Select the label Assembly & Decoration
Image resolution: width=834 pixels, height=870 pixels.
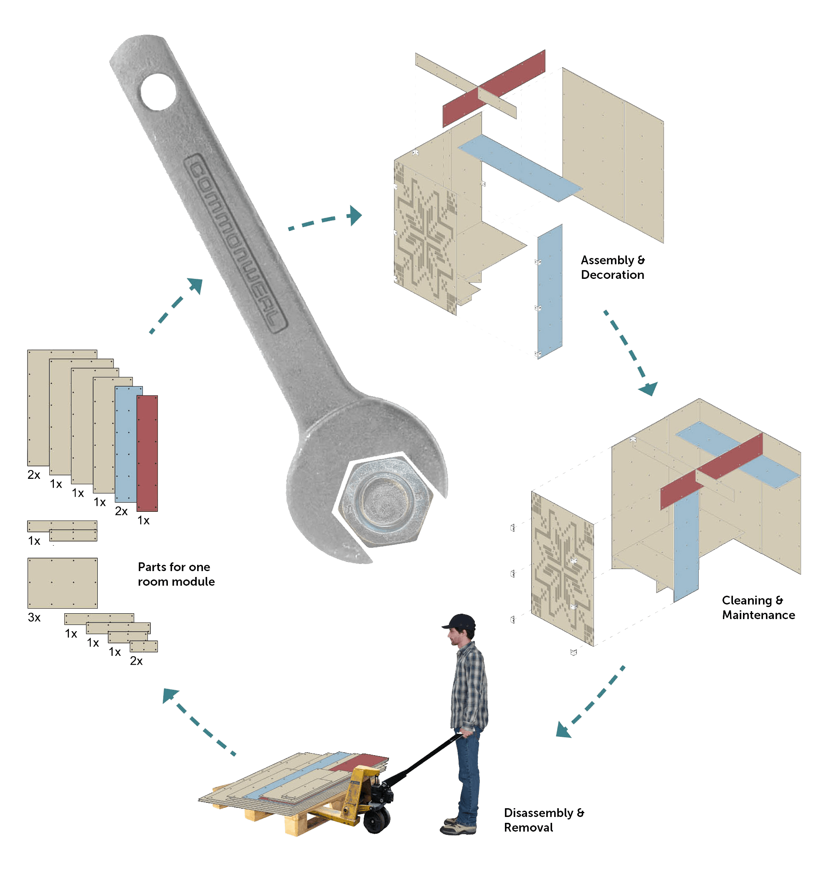(612, 267)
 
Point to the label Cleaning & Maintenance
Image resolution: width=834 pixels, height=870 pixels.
(758, 607)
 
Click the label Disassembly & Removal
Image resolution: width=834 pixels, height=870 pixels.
(544, 819)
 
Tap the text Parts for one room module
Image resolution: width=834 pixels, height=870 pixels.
(176, 574)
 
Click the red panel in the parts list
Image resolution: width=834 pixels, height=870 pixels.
(147, 453)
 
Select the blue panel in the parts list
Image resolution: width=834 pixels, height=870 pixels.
(125, 444)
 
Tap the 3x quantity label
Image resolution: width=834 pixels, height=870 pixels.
(34, 617)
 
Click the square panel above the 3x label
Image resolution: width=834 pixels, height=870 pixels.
(62, 583)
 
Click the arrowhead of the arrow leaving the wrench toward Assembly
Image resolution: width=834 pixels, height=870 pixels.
(355, 215)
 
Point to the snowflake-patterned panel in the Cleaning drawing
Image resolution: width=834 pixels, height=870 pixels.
(563, 568)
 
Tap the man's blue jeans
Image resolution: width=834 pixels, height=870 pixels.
(469, 772)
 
